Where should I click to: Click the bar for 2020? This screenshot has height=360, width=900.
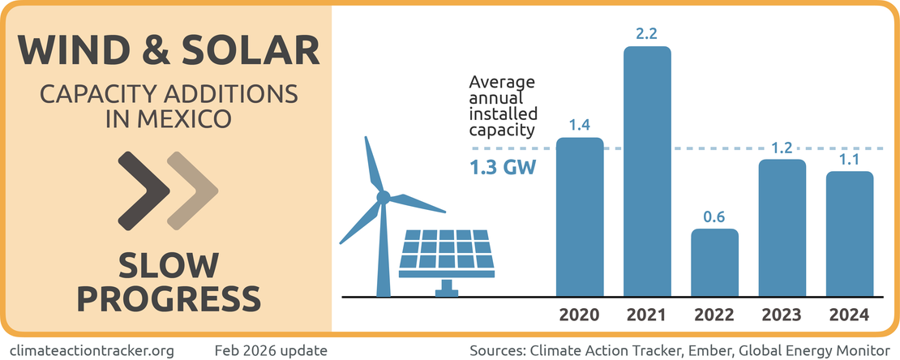(x=580, y=216)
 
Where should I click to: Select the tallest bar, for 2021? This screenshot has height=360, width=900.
(x=647, y=171)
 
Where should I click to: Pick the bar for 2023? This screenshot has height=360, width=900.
(x=782, y=228)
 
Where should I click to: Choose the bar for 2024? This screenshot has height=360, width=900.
(x=849, y=234)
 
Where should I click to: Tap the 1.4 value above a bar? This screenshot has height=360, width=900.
(x=580, y=125)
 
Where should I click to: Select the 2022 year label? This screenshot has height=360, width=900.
(x=714, y=315)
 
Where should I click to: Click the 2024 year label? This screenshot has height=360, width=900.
(x=849, y=315)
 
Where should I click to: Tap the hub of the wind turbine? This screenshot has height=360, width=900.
(x=384, y=195)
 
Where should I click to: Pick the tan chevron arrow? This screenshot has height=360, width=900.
(x=192, y=190)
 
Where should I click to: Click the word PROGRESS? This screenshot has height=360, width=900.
(x=169, y=298)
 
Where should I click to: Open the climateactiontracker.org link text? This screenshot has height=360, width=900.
(x=94, y=350)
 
